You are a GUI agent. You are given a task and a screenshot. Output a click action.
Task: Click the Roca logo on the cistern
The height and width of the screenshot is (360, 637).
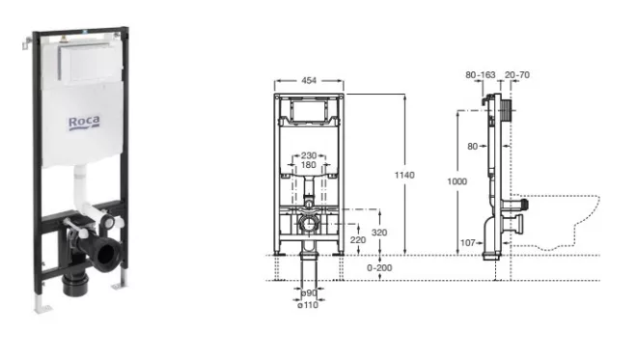point(84,123)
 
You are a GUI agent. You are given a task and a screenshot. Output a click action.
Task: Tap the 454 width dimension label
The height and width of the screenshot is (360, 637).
point(309,80)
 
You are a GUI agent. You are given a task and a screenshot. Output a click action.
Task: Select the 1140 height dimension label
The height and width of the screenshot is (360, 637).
point(404,175)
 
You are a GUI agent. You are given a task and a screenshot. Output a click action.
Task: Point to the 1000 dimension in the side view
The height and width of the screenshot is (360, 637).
point(457,181)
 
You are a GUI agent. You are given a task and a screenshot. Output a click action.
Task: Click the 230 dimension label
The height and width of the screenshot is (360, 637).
point(309,155)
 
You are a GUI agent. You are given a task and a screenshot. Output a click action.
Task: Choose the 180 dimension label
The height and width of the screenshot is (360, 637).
point(308,165)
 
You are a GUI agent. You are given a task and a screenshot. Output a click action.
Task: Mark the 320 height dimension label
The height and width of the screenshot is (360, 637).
point(379,233)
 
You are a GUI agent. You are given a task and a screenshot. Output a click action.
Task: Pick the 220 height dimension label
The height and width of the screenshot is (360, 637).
point(358,240)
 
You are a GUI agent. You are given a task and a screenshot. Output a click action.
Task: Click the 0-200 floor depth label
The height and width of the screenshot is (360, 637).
point(379,268)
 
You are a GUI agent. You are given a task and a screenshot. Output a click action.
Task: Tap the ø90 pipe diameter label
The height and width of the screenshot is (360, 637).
point(309,293)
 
